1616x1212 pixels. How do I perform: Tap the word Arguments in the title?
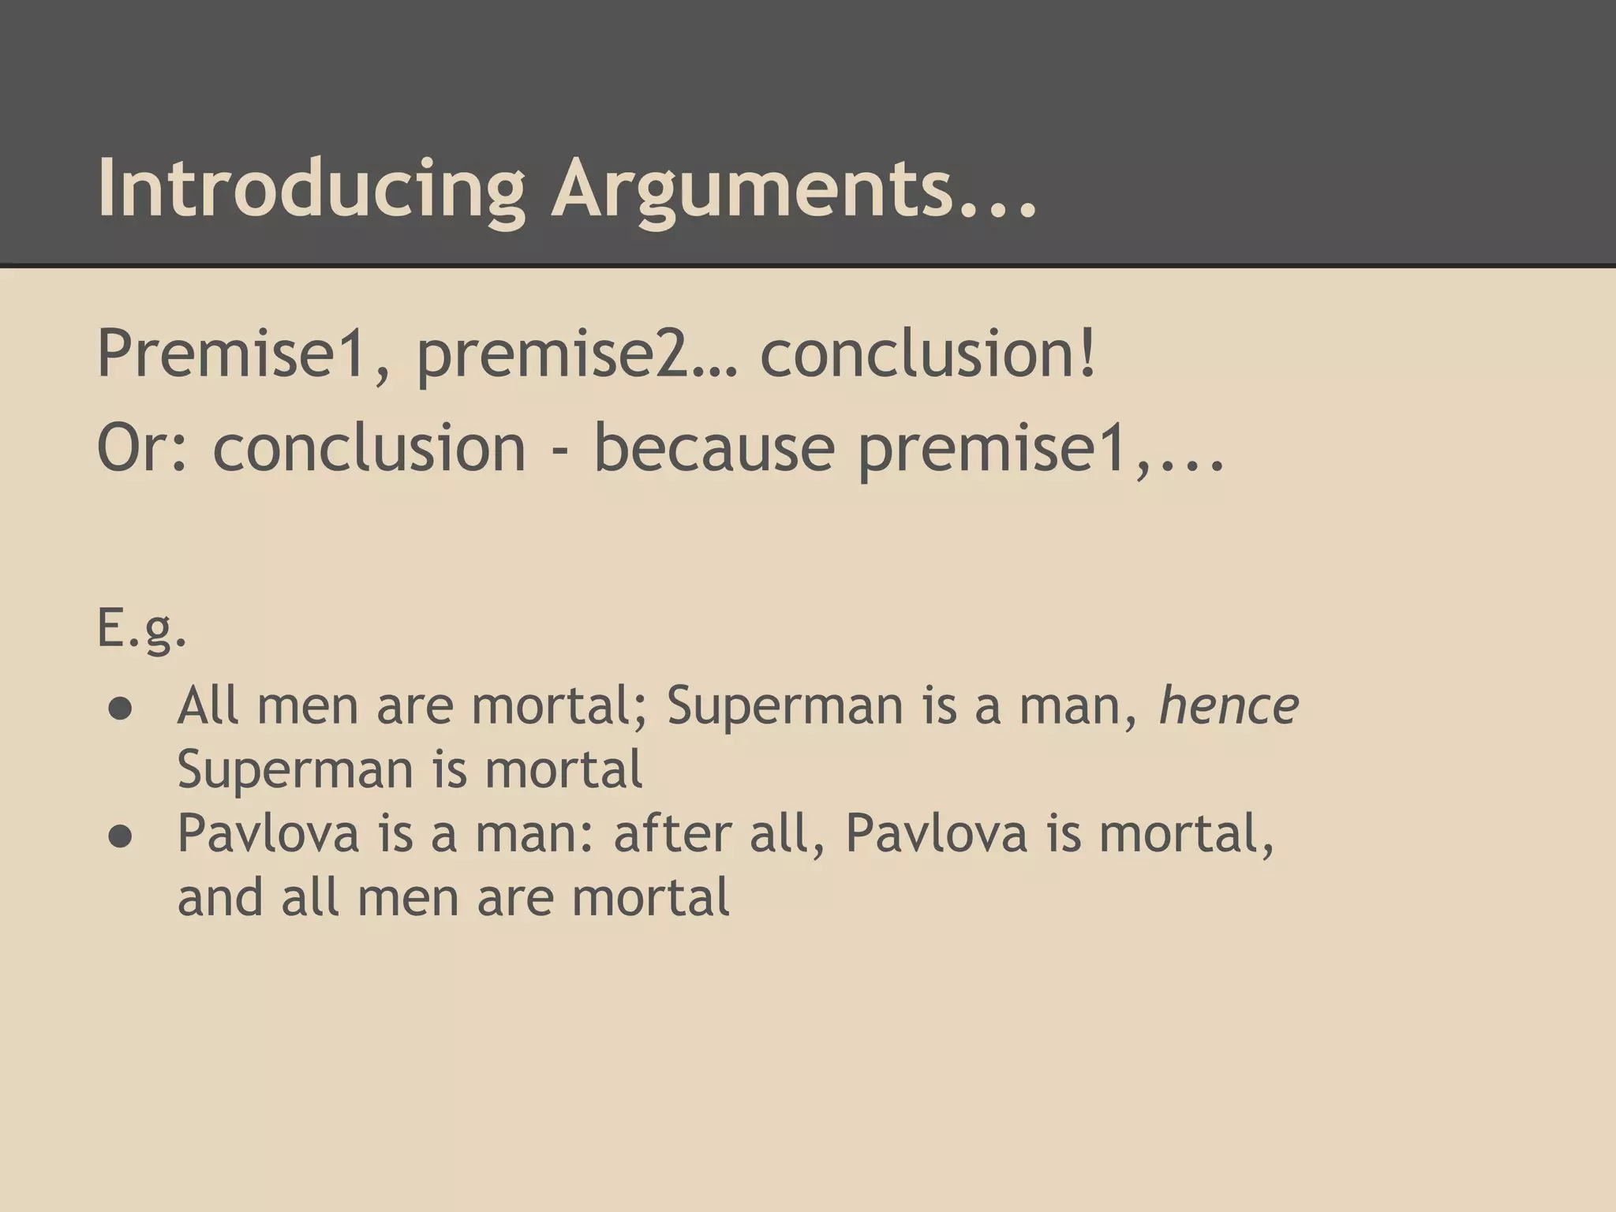point(750,189)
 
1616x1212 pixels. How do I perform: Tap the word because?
point(714,448)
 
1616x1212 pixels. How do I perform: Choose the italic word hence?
point(1228,705)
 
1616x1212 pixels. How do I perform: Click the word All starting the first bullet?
point(208,705)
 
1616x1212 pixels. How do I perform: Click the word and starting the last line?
point(220,898)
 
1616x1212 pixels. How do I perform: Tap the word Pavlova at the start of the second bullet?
point(268,833)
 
